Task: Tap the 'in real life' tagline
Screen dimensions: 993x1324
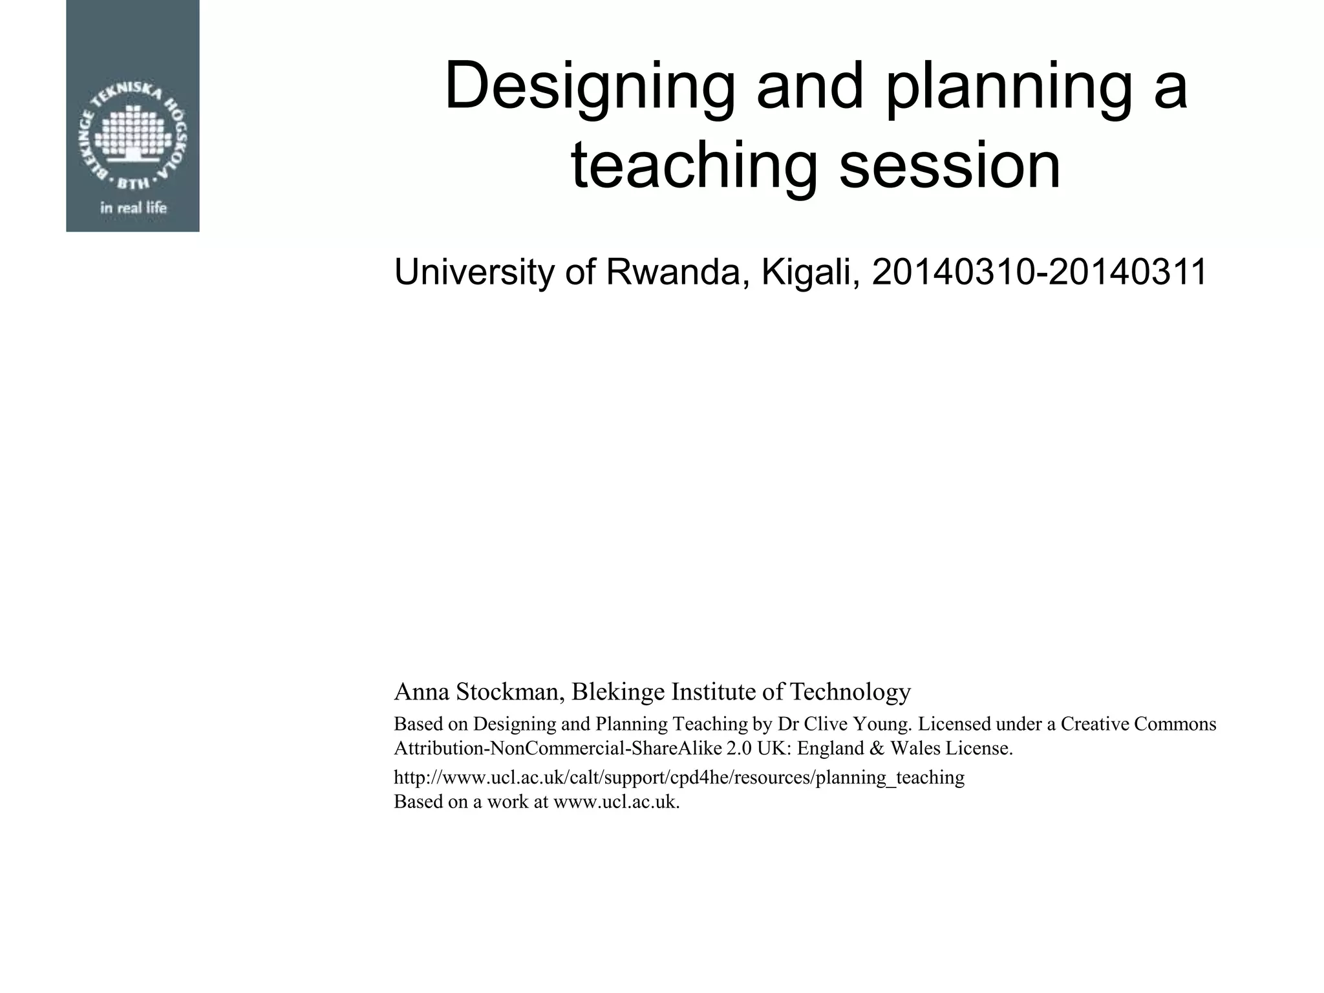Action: click(x=133, y=208)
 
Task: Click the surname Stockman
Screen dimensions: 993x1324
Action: click(x=511, y=692)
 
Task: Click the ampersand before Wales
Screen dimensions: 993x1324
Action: click(x=877, y=749)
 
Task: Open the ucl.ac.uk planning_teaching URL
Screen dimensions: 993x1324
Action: click(x=679, y=777)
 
